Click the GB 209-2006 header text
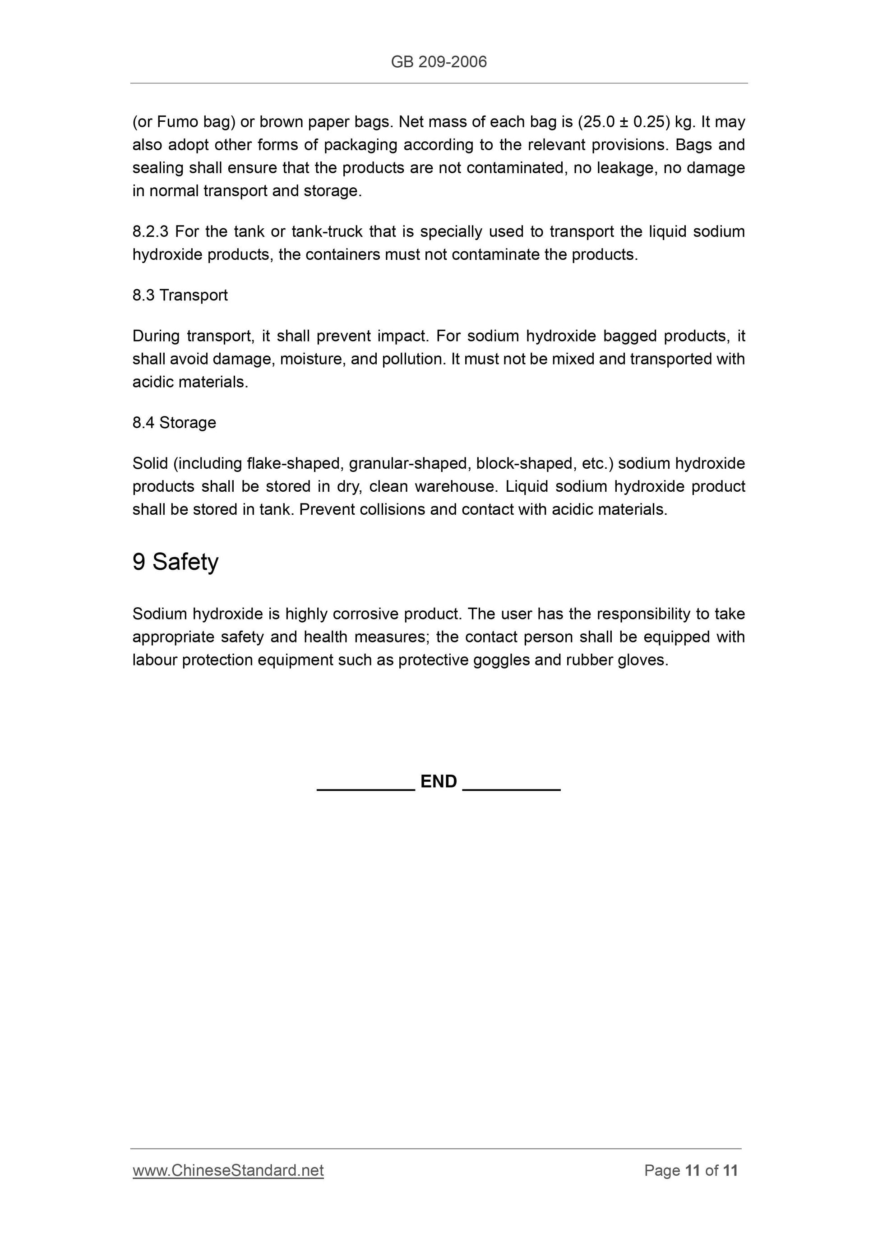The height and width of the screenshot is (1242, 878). pos(439,62)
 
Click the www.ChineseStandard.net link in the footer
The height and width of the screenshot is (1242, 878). pos(228,1170)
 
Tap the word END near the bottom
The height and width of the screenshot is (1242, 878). pos(439,781)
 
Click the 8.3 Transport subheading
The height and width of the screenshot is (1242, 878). pos(180,295)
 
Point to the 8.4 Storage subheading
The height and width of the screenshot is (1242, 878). pos(174,422)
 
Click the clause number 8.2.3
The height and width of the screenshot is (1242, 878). pos(150,231)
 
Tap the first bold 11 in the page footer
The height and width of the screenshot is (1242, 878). pos(693,1170)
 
